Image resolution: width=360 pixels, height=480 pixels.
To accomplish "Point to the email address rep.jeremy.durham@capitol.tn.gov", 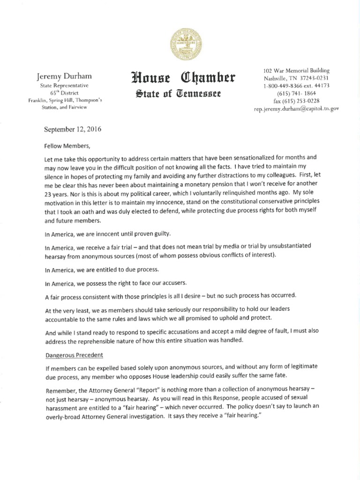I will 295,109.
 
